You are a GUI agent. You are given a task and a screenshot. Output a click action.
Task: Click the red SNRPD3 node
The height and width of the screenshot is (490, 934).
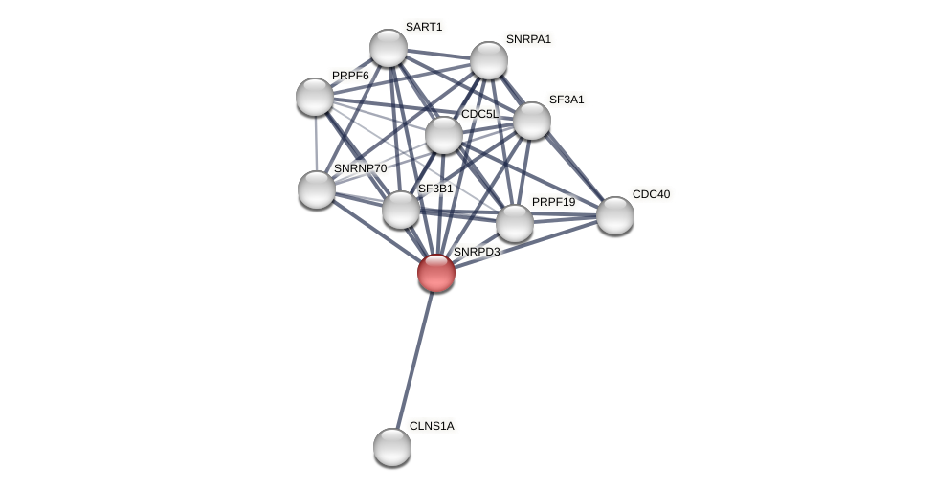coord(436,273)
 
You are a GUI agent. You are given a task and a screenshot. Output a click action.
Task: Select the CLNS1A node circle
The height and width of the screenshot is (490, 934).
coord(392,447)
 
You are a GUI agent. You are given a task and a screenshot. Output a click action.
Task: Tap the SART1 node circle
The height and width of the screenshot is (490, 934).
coord(389,48)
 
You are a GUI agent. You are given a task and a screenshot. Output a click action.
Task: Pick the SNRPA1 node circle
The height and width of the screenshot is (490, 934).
coord(489,60)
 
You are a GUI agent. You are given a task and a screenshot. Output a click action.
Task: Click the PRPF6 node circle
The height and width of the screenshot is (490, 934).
coord(315,97)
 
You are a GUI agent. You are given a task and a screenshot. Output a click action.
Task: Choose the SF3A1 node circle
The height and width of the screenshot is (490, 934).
coord(532,121)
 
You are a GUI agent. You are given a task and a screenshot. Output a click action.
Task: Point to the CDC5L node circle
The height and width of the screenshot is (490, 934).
coord(444,135)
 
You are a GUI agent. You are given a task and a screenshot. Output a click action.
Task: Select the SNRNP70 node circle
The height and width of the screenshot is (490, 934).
coord(317,189)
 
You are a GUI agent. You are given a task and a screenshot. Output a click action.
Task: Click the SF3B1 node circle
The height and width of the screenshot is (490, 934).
coord(401,210)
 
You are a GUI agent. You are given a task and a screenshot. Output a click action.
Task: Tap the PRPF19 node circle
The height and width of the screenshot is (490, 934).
coord(515,223)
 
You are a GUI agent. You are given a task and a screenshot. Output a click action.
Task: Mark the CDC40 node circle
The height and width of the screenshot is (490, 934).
coord(615,215)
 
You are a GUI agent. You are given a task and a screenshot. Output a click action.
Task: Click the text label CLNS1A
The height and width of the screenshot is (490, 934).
coord(432,426)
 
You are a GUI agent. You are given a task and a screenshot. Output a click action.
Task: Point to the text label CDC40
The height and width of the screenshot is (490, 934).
coord(651,194)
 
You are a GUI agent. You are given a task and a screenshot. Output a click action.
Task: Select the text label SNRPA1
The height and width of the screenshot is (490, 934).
coord(528,39)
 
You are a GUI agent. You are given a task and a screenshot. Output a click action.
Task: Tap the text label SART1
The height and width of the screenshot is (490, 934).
coord(424,27)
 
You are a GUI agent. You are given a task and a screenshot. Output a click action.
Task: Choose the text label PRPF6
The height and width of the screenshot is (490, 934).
coord(350,76)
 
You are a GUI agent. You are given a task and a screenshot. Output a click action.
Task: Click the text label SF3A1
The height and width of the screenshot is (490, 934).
coord(566,100)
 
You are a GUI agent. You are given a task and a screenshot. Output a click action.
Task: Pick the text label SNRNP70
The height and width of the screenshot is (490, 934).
coord(360,168)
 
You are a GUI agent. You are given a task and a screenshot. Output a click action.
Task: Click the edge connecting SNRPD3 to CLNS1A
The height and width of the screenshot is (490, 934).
coord(414,359)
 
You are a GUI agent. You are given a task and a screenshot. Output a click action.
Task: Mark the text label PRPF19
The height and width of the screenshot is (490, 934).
coord(553,202)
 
